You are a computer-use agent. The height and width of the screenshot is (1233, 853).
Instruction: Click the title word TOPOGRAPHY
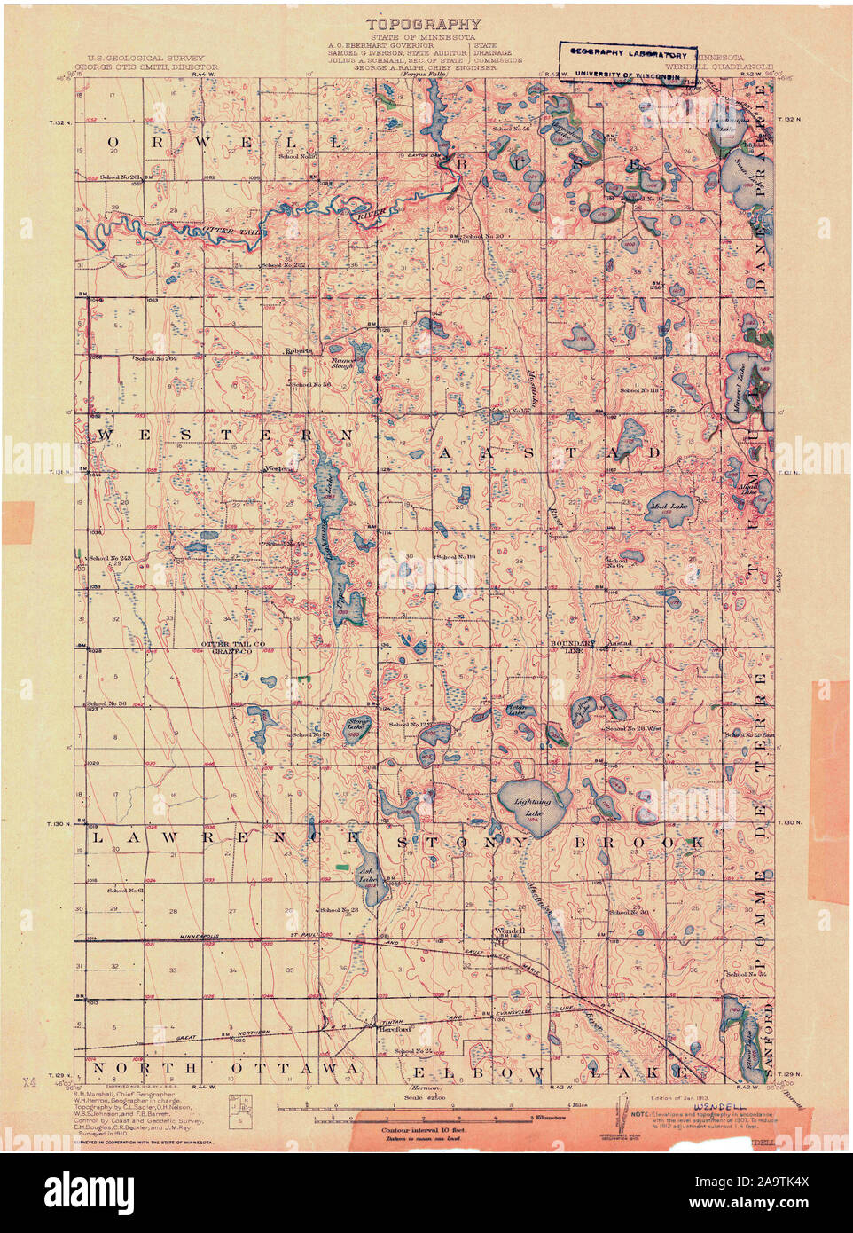[x=425, y=25]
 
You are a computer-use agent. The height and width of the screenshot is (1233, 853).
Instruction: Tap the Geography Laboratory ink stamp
[x=629, y=65]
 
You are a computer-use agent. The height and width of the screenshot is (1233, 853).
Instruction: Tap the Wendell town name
[x=509, y=931]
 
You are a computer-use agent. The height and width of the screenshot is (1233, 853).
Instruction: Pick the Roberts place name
[x=299, y=351]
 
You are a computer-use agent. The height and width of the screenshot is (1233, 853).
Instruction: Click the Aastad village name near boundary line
[x=618, y=641]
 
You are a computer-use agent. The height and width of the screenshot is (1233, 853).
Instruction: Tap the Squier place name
[x=558, y=537]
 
